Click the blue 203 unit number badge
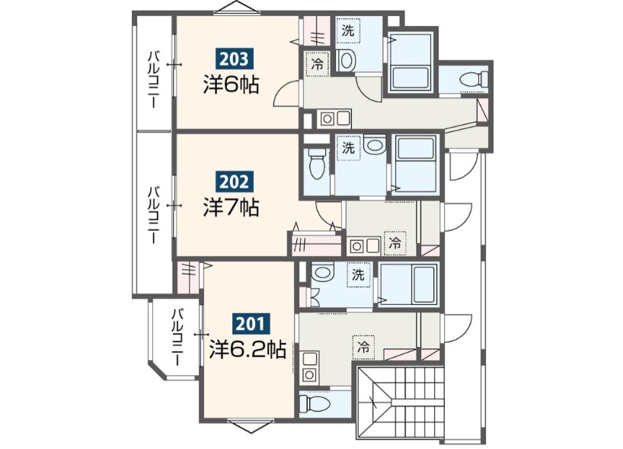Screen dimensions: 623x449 click(x=234, y=59)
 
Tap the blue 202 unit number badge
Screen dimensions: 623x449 click(x=234, y=181)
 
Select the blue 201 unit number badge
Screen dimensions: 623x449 click(x=251, y=324)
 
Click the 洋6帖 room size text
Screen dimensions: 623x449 click(x=232, y=85)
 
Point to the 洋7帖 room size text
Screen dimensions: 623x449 click(x=232, y=207)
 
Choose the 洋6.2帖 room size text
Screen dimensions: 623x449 click(x=248, y=349)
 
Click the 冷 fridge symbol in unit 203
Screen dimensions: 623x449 click(x=318, y=64)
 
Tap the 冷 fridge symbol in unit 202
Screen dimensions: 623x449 click(x=395, y=243)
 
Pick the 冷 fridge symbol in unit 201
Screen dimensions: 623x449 click(x=363, y=347)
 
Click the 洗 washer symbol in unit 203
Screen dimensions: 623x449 click(x=348, y=30)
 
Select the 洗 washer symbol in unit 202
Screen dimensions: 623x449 click(x=349, y=148)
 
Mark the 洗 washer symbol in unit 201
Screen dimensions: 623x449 click(x=358, y=274)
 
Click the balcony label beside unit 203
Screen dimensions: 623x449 click(x=153, y=79)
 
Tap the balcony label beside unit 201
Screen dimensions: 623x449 click(x=177, y=337)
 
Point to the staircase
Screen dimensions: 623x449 click(x=400, y=402)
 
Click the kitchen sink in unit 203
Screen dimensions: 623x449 click(x=334, y=118)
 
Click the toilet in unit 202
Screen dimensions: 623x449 click(x=317, y=163)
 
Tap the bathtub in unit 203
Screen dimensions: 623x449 click(x=410, y=62)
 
